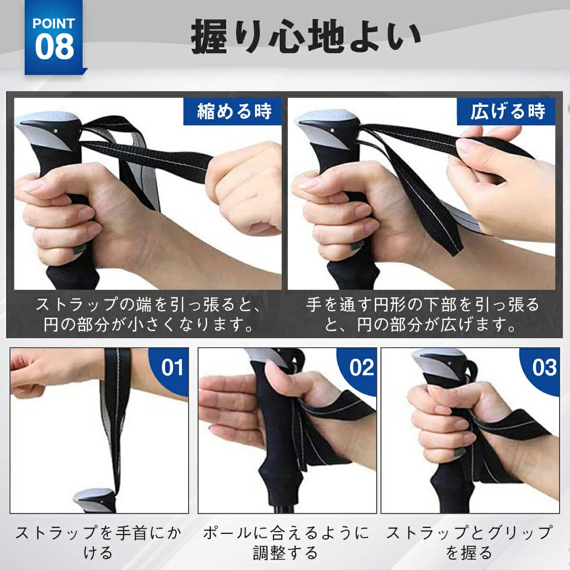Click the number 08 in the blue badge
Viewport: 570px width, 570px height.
coord(55,47)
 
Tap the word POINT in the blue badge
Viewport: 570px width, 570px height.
coord(54,24)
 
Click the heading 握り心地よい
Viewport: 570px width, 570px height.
coord(306,37)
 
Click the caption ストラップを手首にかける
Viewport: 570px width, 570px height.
coord(98,542)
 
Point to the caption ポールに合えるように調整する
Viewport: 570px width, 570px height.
coord(286,542)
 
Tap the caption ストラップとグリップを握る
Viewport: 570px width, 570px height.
coord(469,542)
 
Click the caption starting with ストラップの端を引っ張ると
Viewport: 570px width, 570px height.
coord(148,315)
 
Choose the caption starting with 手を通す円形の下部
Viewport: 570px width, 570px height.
coord(422,315)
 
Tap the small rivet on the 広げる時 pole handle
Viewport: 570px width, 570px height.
coord(332,130)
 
